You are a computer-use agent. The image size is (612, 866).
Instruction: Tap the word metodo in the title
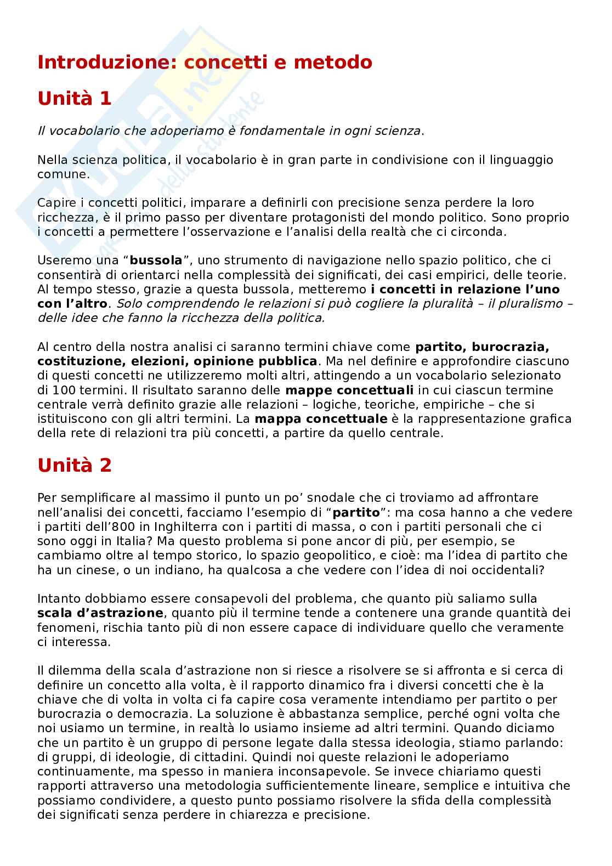(333, 63)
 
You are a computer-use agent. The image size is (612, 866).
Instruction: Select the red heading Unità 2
(75, 465)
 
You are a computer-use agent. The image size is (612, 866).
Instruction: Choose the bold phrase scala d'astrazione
(100, 613)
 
